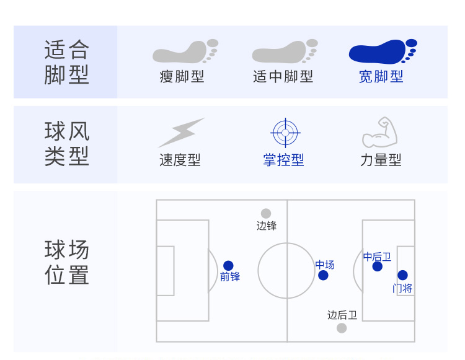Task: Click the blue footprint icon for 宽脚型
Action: coord(381,52)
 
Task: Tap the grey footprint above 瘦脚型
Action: coord(184,52)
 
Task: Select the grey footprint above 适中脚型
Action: coord(283,52)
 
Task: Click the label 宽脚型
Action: coord(381,77)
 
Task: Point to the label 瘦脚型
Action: coord(182,77)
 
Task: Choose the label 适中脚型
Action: coord(283,77)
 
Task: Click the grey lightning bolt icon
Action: coord(181,132)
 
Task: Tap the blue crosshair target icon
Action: coord(285,132)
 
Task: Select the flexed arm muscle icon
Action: coord(379,132)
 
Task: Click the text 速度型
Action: coord(180,160)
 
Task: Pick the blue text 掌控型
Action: coord(284,160)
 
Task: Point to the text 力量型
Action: coord(381,160)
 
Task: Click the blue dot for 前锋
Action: coord(228,265)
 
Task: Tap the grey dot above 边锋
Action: coord(266,213)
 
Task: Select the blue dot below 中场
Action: coord(323,275)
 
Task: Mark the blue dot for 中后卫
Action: coord(377,266)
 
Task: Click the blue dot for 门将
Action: coord(402,275)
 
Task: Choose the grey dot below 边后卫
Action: coord(342,328)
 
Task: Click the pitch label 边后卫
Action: coord(342,315)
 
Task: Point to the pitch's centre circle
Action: coord(286,271)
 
